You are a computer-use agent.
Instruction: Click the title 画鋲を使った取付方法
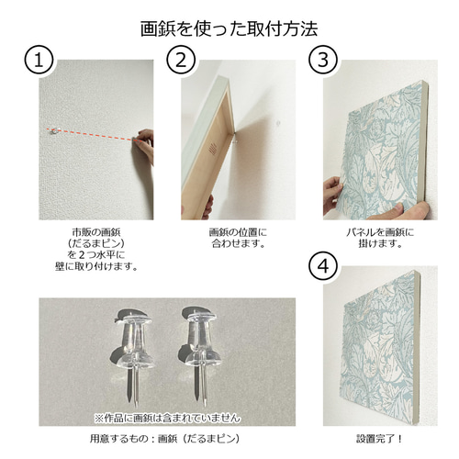pyautogui.click(x=229, y=28)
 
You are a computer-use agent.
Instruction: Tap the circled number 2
pyautogui.click(x=180, y=62)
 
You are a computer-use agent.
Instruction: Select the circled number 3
pyautogui.click(x=322, y=62)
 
